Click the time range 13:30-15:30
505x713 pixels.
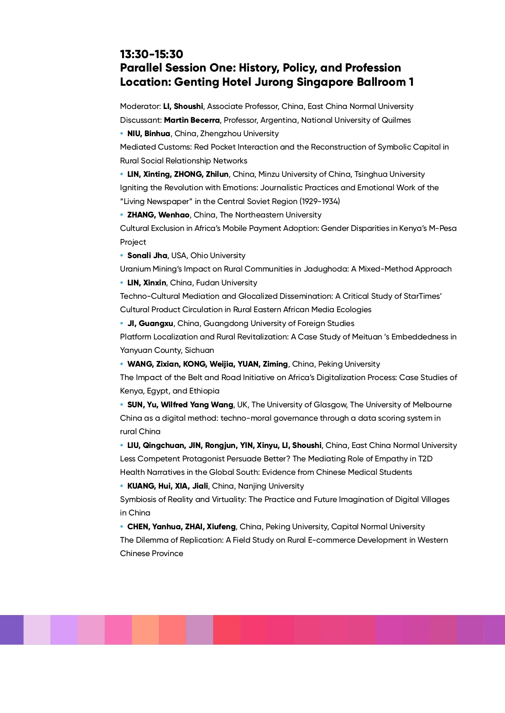tap(151, 54)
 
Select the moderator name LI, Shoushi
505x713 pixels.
tap(183, 107)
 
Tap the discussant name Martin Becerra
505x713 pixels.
tap(192, 120)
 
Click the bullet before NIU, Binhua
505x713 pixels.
tap(122, 134)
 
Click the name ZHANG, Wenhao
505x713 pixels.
tap(158, 215)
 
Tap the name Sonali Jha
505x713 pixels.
tap(147, 256)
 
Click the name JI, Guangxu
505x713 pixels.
tap(150, 324)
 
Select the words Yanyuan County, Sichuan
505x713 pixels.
tap(167, 350)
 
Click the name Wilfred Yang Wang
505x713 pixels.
tap(197, 405)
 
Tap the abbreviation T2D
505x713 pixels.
tap(425, 459)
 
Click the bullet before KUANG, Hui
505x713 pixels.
tap(122, 486)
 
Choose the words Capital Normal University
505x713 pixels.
tap(378, 527)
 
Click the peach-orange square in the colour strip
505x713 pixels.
tap(145, 630)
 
